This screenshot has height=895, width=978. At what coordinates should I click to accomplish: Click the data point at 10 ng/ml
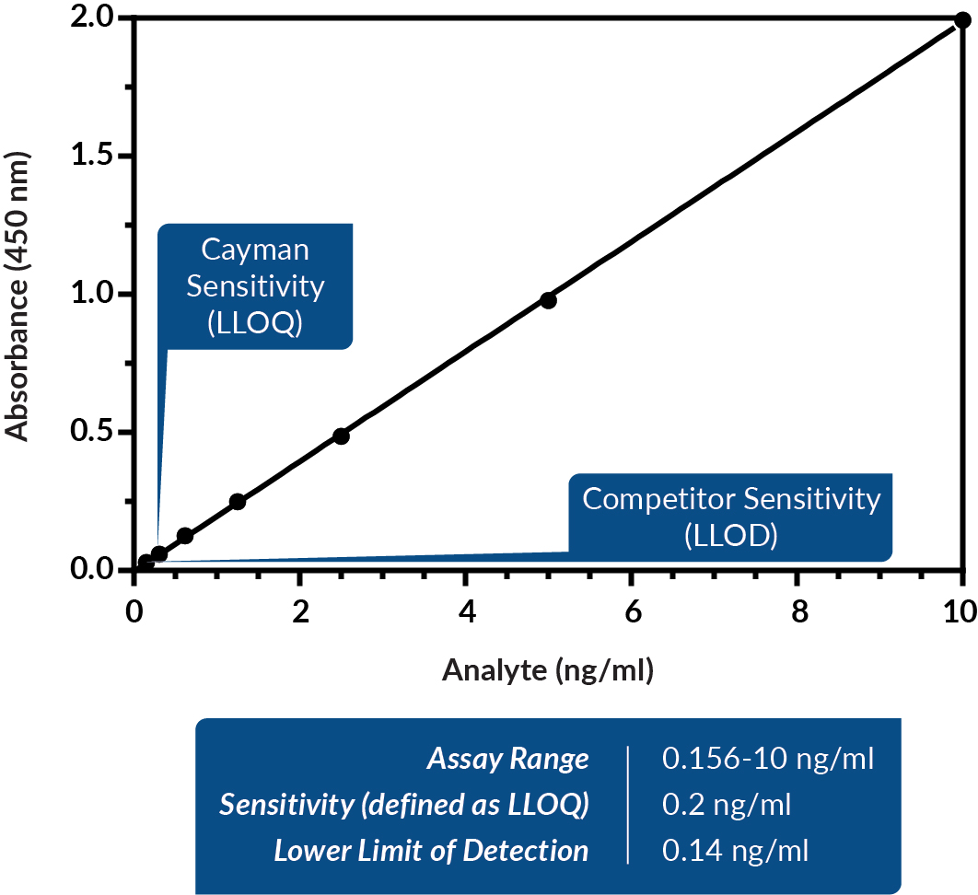click(x=962, y=20)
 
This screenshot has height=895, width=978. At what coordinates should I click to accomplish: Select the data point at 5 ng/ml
click(x=549, y=300)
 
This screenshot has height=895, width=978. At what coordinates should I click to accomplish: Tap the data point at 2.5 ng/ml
click(x=341, y=436)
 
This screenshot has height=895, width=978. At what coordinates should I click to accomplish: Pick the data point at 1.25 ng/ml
click(x=238, y=502)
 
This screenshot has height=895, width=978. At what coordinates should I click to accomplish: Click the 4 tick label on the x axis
click(x=466, y=613)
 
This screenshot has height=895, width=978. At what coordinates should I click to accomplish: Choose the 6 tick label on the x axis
click(x=632, y=613)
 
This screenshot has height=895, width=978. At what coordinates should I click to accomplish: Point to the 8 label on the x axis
click(x=798, y=613)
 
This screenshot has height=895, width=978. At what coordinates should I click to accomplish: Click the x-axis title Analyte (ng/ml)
click(x=548, y=671)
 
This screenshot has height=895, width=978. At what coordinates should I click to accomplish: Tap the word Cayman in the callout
click(x=256, y=250)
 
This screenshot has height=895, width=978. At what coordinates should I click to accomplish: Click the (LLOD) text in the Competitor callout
click(x=731, y=534)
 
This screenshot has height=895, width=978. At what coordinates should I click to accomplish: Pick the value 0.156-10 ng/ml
click(x=767, y=760)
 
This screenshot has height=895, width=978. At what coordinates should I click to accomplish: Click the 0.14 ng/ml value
click(x=735, y=851)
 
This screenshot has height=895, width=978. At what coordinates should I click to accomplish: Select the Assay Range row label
click(x=507, y=760)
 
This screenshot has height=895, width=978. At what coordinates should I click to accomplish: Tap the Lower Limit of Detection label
click(x=431, y=851)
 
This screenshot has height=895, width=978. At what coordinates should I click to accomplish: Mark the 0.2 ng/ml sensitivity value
click(x=727, y=805)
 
